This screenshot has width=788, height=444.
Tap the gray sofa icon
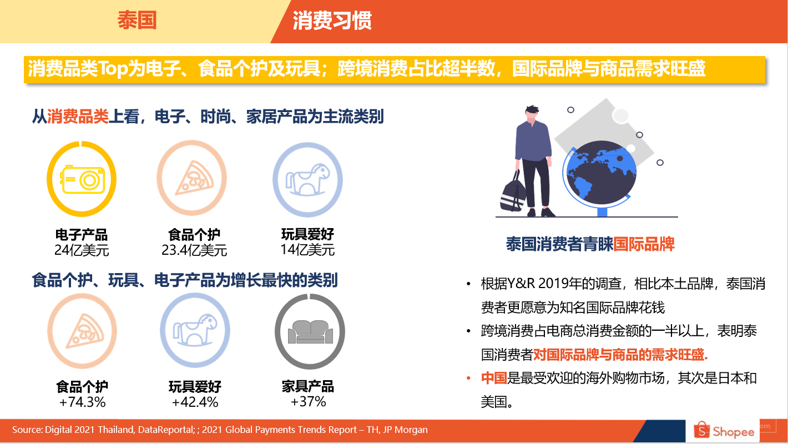(310, 332)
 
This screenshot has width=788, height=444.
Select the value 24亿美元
(82, 250)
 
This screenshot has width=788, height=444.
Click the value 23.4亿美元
(194, 250)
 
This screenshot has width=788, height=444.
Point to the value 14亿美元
(307, 250)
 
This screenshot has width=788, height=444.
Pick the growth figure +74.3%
(82, 402)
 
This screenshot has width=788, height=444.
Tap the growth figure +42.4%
(195, 402)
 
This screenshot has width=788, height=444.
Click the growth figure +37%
(308, 401)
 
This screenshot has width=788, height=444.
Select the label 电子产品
(82, 235)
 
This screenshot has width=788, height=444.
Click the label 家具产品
(308, 386)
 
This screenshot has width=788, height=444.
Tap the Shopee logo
(724, 431)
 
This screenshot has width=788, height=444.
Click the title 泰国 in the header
(137, 20)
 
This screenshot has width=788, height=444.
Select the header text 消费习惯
(332, 21)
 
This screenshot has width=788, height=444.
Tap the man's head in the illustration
(532, 113)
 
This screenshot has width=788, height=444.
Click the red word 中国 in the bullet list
(494, 378)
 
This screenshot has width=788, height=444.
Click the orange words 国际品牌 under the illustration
(644, 244)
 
